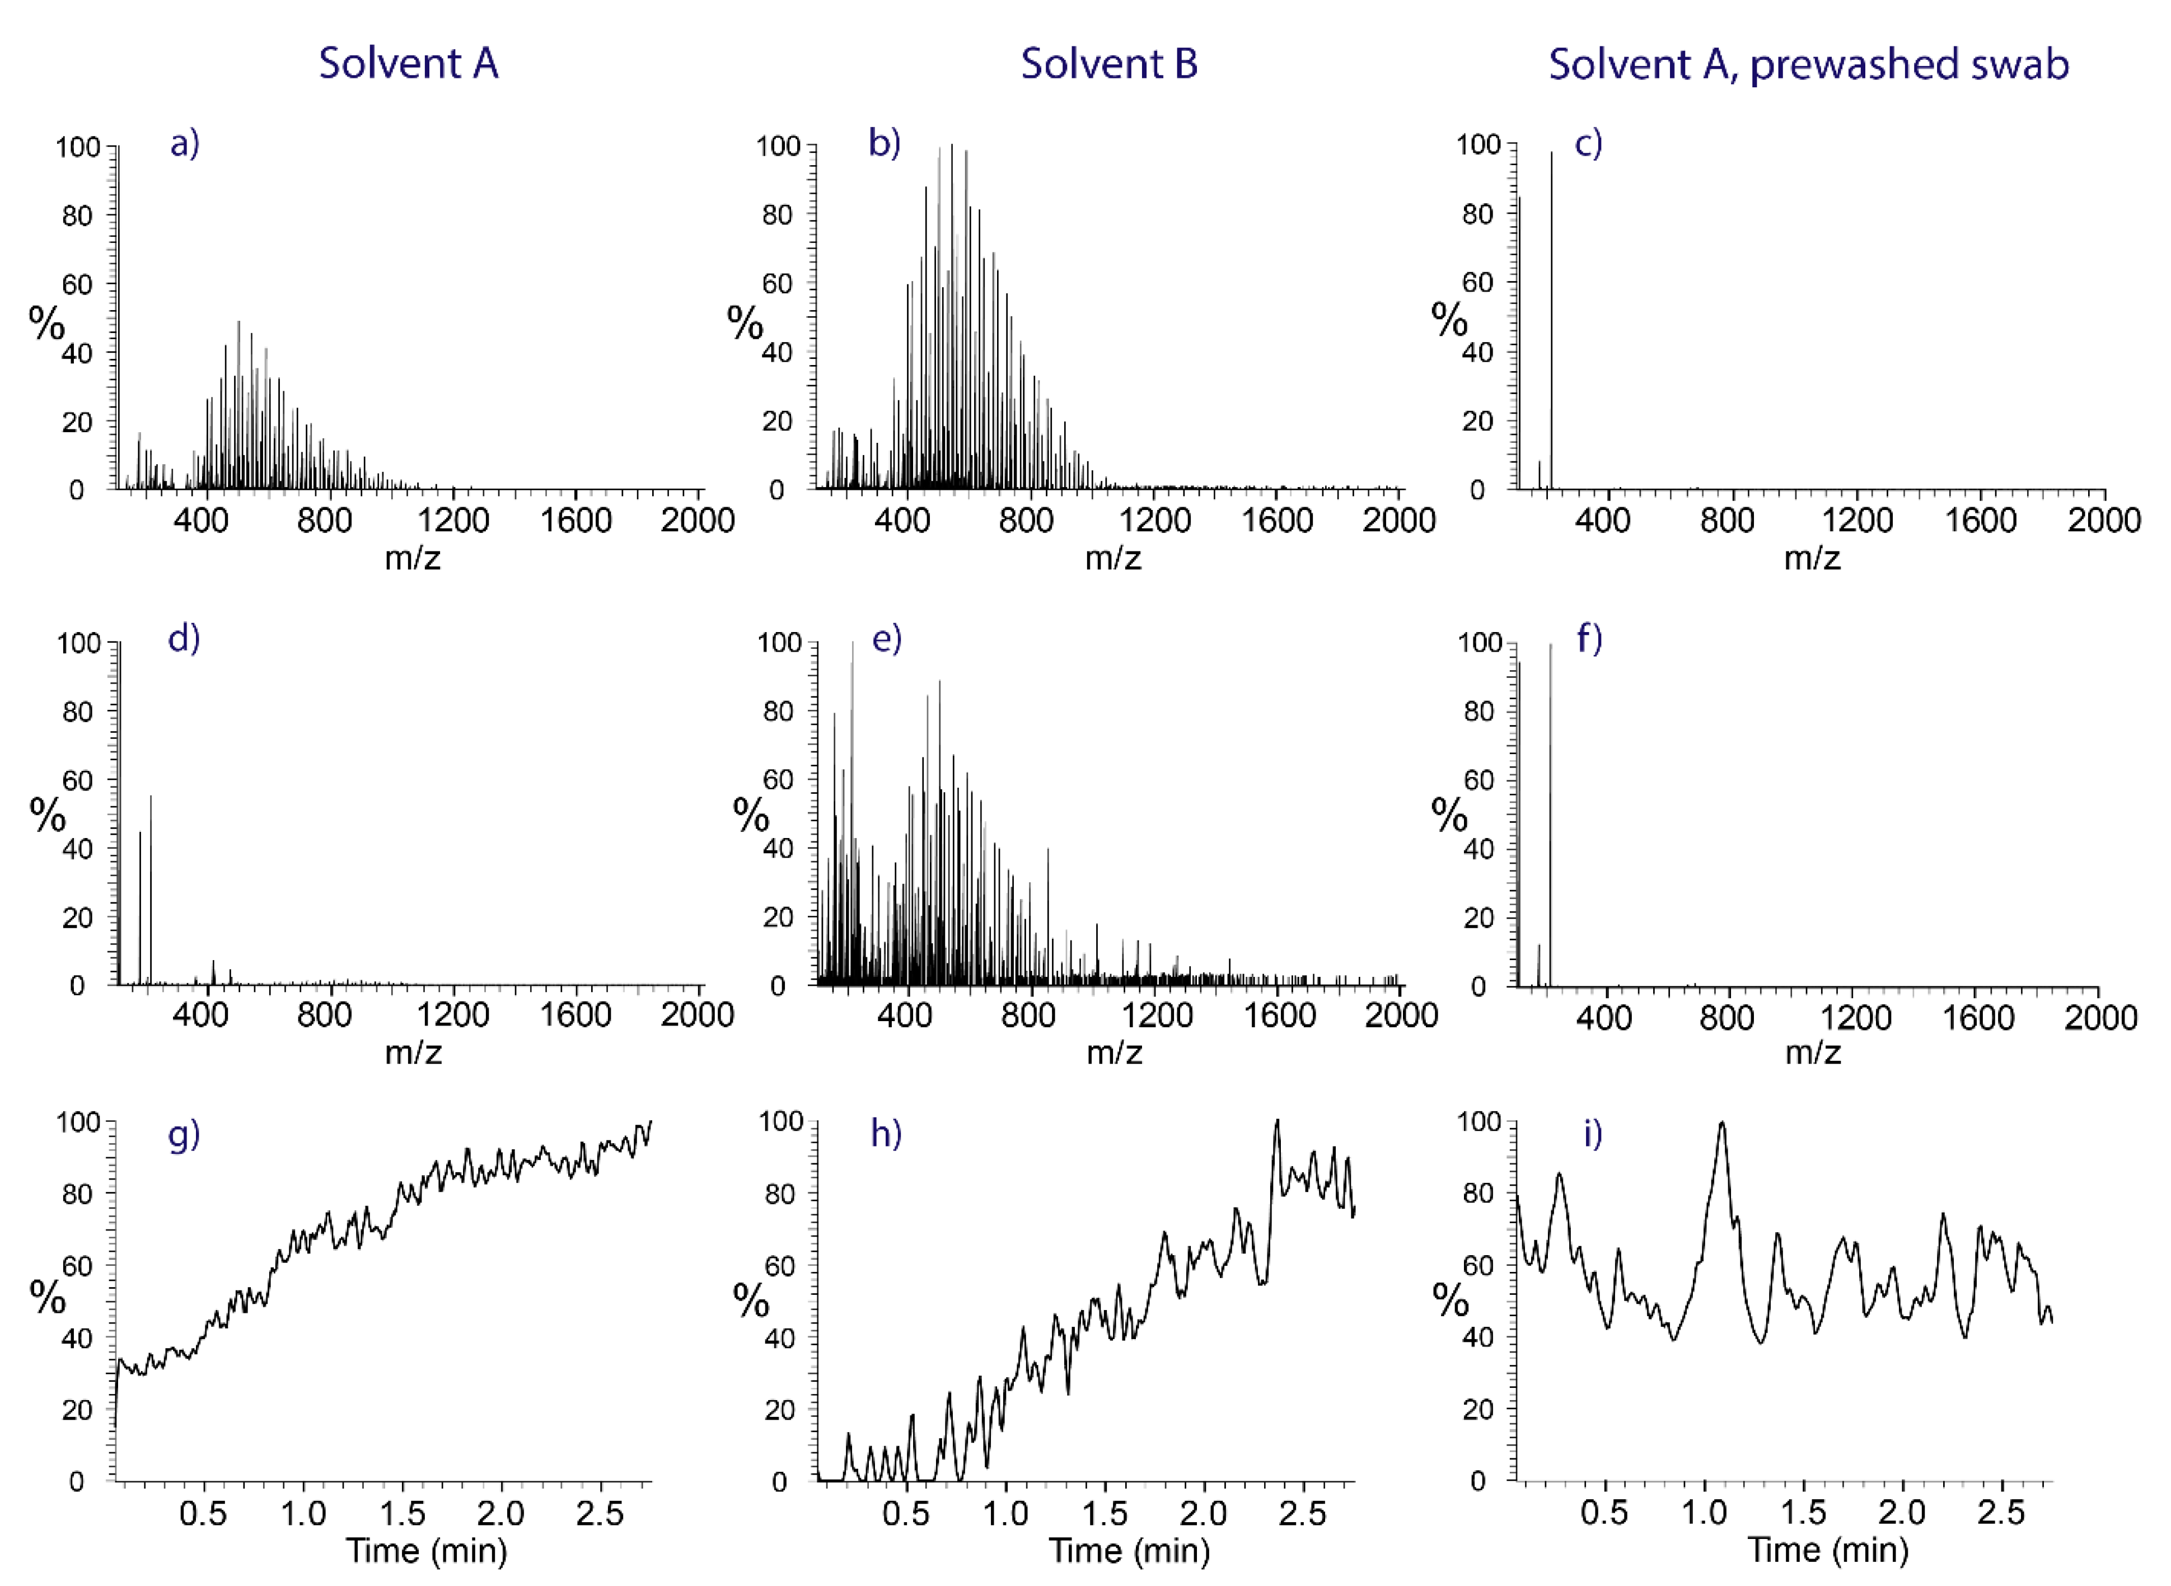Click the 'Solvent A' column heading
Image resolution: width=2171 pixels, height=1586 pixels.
[x=408, y=64]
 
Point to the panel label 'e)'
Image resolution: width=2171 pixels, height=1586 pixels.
[x=886, y=639]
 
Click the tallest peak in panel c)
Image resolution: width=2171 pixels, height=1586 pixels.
[x=1551, y=153]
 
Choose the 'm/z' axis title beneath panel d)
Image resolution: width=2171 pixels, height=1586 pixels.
[x=413, y=1053]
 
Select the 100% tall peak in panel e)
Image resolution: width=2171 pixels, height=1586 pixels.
[x=852, y=645]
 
